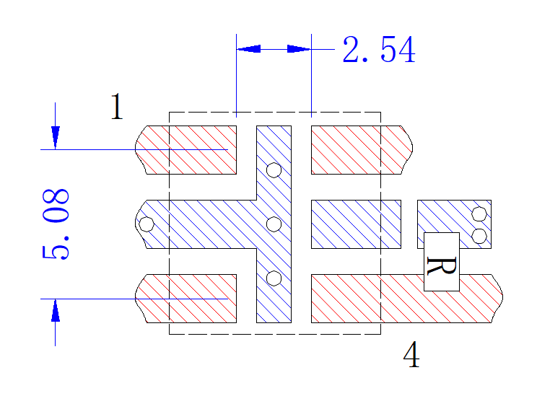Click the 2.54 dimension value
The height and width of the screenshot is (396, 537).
pos(379,50)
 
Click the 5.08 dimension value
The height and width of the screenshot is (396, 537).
pos(56,224)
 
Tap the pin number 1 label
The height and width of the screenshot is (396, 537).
pos(117,107)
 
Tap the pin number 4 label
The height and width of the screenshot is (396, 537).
pos(411,354)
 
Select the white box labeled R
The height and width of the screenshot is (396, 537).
pos(442,262)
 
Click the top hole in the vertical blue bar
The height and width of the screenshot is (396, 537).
pos(274,170)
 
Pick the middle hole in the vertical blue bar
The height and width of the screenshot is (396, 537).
pos(274,224)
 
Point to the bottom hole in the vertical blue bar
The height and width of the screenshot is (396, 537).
pos(274,278)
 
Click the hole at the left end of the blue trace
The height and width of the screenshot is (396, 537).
pos(147,224)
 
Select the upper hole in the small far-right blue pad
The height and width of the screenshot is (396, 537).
pos(479,214)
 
